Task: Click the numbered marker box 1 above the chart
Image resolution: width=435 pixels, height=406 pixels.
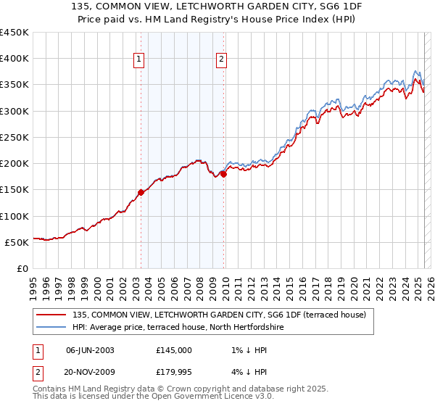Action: (138, 60)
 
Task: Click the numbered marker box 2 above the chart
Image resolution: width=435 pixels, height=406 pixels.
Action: (221, 60)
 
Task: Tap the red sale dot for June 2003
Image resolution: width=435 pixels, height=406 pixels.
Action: (141, 192)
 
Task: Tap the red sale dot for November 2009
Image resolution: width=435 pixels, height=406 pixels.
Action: (224, 174)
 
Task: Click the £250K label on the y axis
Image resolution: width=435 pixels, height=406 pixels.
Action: (14, 137)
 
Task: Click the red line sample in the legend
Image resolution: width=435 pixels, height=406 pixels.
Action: (52, 315)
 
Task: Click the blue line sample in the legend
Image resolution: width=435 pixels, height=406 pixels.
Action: (52, 328)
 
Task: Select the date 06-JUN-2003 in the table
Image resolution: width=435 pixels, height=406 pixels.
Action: (90, 349)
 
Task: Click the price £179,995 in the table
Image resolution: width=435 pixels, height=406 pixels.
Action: (174, 373)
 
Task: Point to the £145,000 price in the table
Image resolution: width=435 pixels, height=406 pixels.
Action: (174, 349)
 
